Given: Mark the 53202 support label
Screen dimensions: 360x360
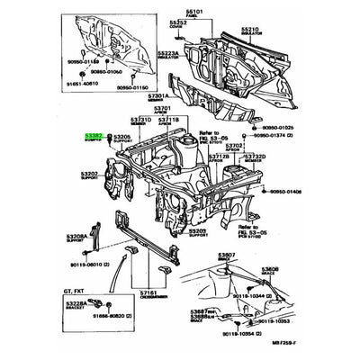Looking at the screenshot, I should pos(91,174).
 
